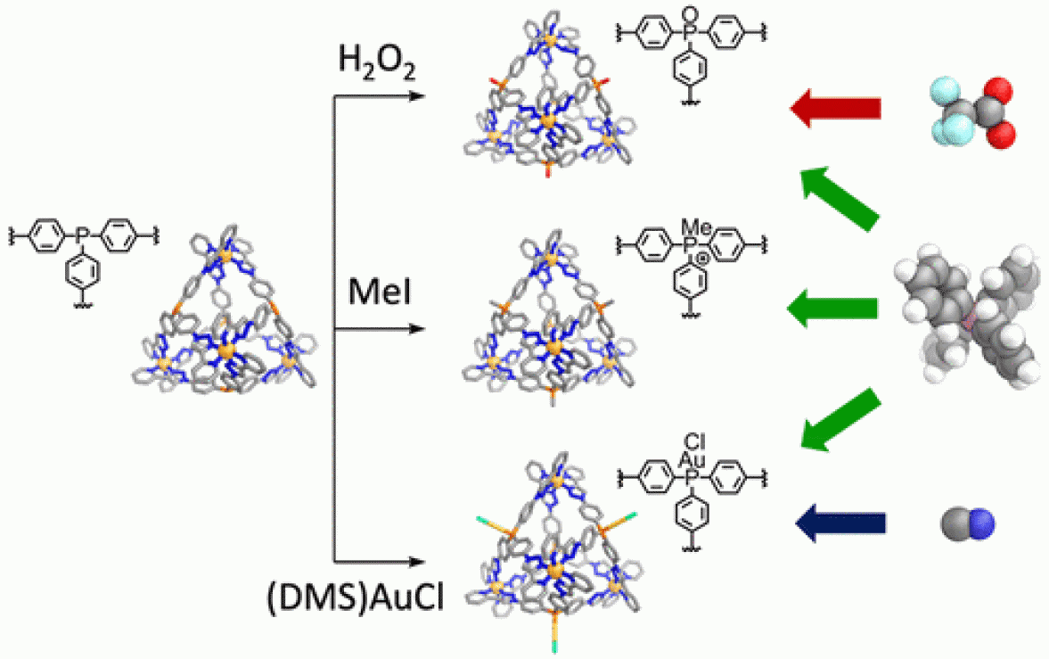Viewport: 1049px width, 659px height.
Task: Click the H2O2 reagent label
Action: coord(376,63)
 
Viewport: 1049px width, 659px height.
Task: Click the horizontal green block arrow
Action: coord(832,309)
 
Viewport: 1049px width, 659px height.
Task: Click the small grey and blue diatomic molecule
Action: coord(967,525)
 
